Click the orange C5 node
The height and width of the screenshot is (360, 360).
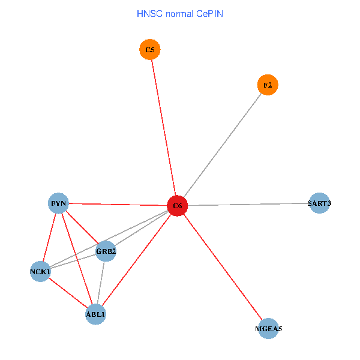click(x=149, y=50)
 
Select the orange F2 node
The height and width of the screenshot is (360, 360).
click(x=268, y=85)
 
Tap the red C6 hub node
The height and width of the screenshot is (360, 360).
click(x=178, y=206)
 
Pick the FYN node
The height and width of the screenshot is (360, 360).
click(x=59, y=203)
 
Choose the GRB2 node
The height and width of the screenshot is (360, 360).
click(x=106, y=251)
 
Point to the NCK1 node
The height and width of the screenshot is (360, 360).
click(x=40, y=272)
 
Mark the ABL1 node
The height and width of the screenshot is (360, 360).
click(x=96, y=314)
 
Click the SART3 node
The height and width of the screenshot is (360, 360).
click(x=319, y=203)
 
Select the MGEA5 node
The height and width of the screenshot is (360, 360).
click(x=268, y=329)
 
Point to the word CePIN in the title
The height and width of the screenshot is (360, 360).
click(x=209, y=14)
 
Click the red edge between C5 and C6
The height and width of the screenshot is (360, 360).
click(x=163, y=128)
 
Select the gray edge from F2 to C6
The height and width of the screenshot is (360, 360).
click(x=222, y=146)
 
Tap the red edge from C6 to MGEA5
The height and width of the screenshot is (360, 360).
click(x=223, y=267)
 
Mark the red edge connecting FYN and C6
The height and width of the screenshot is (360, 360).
click(x=118, y=205)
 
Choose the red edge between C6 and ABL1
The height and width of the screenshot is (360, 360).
click(x=137, y=260)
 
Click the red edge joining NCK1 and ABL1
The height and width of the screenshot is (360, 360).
click(x=68, y=293)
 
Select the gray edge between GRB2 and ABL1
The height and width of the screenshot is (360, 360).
click(x=101, y=283)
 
